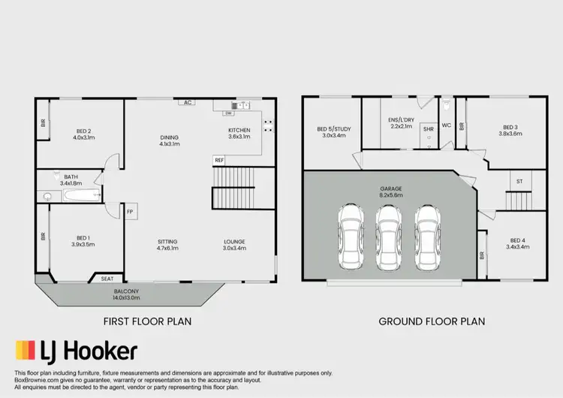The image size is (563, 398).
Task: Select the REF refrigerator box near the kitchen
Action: click(219, 160)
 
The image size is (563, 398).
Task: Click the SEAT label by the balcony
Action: click(107, 279)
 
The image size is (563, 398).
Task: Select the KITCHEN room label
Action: click(239, 133)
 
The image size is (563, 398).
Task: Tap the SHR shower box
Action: click(428, 129)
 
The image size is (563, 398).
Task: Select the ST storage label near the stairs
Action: click(519, 182)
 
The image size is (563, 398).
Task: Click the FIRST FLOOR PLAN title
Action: click(147, 321)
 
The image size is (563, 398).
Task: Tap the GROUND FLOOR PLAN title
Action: click(432, 321)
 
